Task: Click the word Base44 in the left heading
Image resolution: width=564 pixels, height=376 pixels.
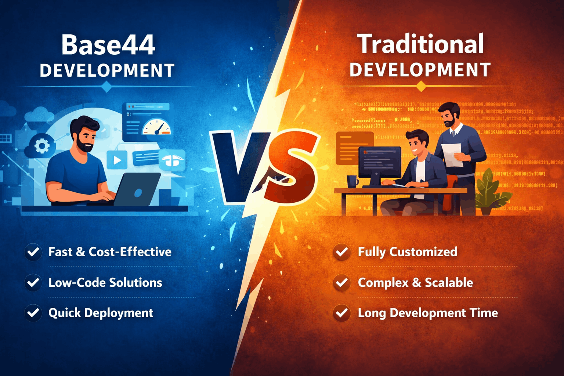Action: pos(108,45)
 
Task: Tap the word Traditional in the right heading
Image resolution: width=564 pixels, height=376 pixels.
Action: pos(420,44)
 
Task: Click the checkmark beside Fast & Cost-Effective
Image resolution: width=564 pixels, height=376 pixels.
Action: pos(33,252)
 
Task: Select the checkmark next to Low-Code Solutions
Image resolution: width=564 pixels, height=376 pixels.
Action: pos(33,282)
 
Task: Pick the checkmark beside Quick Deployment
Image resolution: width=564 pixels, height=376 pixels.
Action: pos(33,313)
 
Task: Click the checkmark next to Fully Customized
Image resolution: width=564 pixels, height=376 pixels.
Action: pos(342,252)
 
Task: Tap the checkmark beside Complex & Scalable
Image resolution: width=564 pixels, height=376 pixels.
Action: pos(342,282)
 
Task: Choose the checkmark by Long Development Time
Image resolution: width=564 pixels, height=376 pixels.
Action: pos(342,313)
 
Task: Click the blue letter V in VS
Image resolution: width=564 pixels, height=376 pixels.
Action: pos(238,165)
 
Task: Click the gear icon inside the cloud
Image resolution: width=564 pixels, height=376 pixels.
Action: pos(42,146)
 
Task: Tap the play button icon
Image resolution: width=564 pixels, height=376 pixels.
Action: pos(117,160)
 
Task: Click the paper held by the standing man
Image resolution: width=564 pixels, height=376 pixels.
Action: pos(452,154)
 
